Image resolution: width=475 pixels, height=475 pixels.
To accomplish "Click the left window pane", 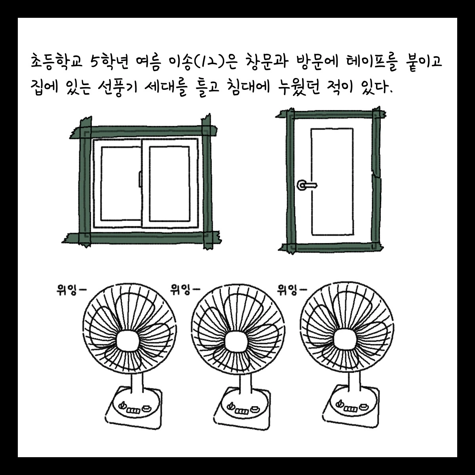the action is (121, 183).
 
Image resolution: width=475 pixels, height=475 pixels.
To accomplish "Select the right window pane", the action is (169, 184).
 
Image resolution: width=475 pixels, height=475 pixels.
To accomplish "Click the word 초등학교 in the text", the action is (56, 61).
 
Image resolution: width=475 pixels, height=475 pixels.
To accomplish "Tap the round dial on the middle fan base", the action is (231, 405).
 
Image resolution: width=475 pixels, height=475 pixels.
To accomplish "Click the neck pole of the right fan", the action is (355, 382).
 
